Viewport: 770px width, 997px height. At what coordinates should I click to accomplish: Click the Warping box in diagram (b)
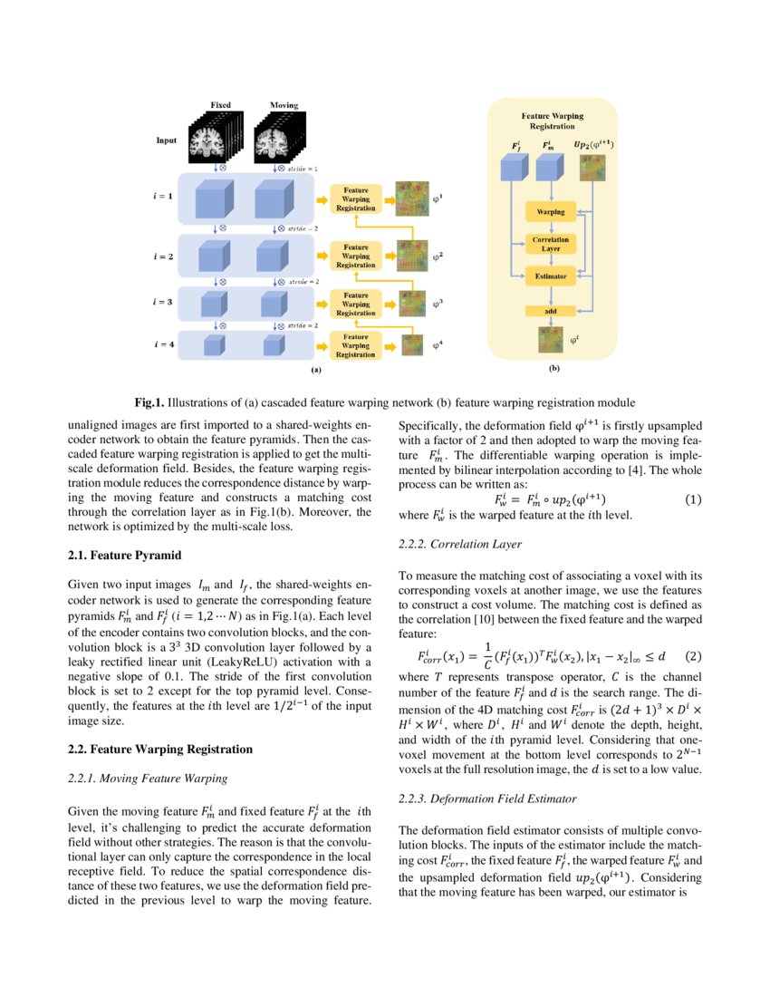pos(550,211)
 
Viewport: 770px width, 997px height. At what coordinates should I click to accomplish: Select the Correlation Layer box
pos(550,244)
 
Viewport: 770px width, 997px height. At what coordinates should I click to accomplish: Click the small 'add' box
pos(550,311)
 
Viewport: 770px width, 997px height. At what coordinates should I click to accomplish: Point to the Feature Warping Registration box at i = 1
pos(356,198)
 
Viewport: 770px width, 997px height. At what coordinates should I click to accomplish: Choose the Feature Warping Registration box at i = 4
pos(356,345)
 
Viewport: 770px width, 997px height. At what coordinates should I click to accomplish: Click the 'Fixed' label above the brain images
pos(220,105)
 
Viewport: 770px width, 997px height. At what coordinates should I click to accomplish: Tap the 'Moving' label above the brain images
pos(284,105)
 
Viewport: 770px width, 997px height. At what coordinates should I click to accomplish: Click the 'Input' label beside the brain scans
pos(166,141)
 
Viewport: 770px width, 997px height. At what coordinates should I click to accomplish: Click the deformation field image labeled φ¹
pos(413,198)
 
